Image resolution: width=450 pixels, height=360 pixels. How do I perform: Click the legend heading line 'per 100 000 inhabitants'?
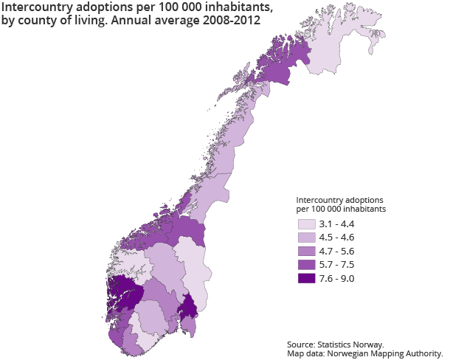[x=342, y=210]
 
